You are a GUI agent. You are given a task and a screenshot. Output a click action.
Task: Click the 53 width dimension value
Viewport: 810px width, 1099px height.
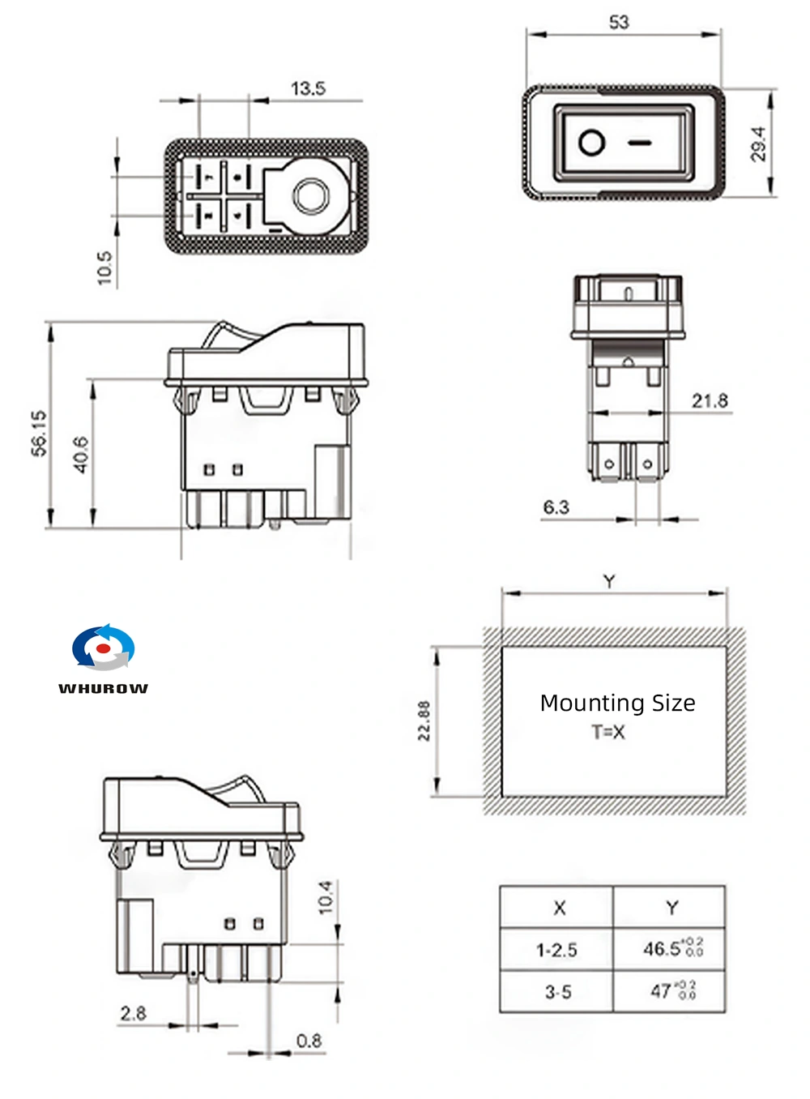[x=618, y=23]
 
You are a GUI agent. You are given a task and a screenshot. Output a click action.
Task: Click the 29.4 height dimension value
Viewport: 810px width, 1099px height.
[x=758, y=143]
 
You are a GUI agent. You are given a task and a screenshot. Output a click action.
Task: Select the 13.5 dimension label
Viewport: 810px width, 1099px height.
[x=308, y=88]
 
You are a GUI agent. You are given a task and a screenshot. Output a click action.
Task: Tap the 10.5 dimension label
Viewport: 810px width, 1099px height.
[x=104, y=267]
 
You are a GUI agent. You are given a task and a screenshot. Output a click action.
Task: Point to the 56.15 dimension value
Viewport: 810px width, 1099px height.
[x=39, y=434]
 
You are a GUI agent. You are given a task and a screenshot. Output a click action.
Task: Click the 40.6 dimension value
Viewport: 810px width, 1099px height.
[x=81, y=455]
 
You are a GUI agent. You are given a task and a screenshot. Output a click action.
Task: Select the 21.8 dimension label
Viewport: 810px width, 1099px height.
[x=710, y=400]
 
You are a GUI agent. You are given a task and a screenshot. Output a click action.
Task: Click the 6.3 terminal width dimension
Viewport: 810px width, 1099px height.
[x=556, y=507]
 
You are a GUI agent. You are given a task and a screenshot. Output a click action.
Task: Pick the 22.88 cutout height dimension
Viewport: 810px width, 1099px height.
[x=424, y=721]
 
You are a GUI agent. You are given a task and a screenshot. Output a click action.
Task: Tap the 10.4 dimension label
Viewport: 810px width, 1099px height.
[x=326, y=898]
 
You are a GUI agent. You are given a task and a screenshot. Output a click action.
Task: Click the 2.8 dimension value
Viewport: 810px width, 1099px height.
[x=133, y=1013]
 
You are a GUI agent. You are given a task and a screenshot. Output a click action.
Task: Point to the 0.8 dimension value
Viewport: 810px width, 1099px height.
[x=309, y=1041]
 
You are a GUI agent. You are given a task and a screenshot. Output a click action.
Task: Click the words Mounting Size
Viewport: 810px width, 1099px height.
[x=617, y=703]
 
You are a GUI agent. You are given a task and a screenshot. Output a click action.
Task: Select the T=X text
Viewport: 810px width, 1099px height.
[x=608, y=733]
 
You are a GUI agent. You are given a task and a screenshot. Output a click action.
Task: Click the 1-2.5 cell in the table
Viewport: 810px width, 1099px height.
[x=556, y=949]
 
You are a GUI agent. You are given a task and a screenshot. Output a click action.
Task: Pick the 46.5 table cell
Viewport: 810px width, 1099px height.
[x=671, y=948]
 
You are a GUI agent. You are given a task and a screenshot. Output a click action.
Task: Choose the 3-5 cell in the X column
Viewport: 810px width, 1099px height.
[x=557, y=991]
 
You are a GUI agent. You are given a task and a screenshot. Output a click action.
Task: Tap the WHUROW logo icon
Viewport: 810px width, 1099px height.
[x=103, y=648]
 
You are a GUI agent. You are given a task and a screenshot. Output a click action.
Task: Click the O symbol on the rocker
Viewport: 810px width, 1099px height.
[x=591, y=143]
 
